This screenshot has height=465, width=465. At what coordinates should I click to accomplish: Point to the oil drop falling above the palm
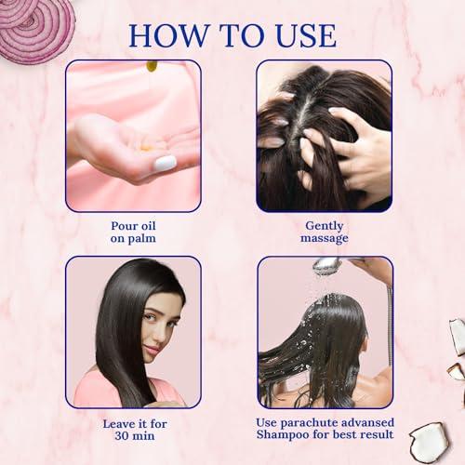151,66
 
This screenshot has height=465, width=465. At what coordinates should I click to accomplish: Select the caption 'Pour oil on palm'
133,230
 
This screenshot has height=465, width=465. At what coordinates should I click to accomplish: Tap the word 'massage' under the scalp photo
325,238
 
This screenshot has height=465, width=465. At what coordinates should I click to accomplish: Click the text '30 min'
132,434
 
